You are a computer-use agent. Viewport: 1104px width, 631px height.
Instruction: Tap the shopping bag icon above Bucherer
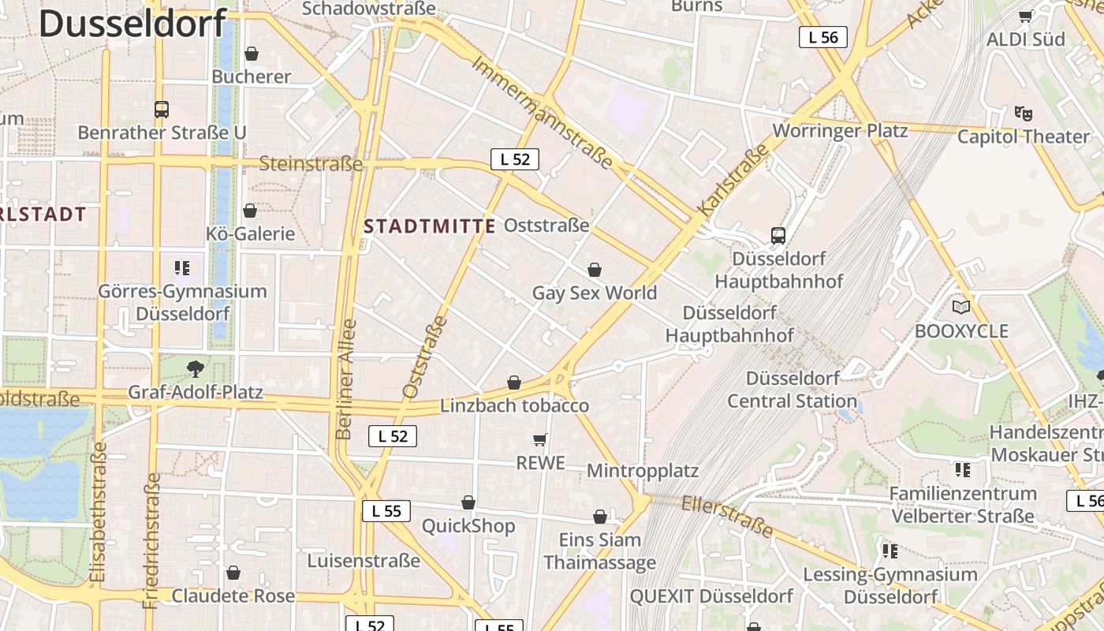[252, 54]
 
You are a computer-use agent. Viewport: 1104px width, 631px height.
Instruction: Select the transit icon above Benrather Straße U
[162, 110]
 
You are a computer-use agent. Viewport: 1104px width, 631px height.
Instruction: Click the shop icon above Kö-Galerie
[250, 211]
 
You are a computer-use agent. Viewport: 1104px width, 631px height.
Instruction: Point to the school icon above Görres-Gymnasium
[182, 268]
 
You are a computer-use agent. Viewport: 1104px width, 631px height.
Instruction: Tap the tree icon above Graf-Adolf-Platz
[195, 368]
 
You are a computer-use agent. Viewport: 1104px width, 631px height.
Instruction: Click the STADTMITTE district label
[430, 226]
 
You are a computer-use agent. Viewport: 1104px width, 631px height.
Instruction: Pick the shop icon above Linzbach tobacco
[514, 383]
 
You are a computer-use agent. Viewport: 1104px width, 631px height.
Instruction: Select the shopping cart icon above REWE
[540, 439]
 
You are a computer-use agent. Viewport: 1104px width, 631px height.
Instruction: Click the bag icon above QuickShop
[468, 502]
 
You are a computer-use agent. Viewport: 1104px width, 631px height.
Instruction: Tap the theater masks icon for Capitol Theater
[1024, 113]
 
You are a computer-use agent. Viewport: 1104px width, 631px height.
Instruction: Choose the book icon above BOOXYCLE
[960, 307]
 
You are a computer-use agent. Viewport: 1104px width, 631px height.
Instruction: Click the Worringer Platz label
[841, 130]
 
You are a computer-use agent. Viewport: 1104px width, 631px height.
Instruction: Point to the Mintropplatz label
[643, 471]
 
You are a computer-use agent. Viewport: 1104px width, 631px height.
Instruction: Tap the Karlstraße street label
[733, 181]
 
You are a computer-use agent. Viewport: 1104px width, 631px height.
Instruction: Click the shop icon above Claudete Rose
[233, 573]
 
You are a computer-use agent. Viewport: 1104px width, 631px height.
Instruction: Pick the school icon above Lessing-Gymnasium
[890, 551]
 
